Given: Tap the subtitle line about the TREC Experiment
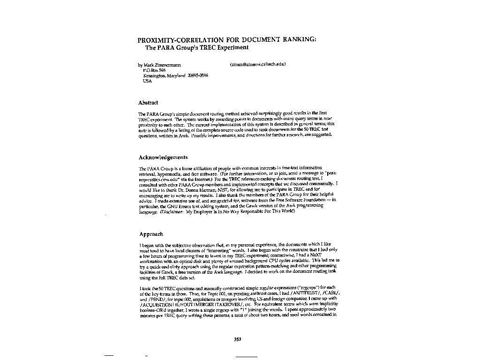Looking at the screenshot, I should pos(196,47).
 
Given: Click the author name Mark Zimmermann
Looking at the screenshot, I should pos(161,64).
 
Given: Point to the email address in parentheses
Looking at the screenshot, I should pos(258,64).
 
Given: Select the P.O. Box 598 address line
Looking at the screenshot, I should pos(151,70).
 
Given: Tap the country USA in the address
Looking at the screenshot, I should pos(147,81).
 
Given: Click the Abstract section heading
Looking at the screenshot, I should pos(148,103).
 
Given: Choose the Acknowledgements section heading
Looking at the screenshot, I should pos(163,157).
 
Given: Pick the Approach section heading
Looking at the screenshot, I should pos(151,234).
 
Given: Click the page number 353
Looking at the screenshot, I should pos(238,339).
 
